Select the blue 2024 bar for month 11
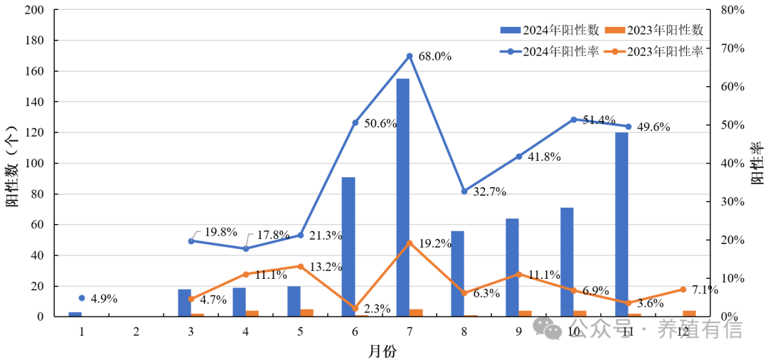coord(622,224)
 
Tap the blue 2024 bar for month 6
coord(348,246)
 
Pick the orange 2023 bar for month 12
coord(689,313)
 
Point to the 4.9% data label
coord(104,299)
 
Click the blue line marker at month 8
coord(464,191)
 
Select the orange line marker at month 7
coord(409,243)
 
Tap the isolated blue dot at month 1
coord(82,298)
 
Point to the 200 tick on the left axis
coord(34,11)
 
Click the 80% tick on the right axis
coord(731,11)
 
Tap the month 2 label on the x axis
coord(137,332)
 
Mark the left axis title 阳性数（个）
coord(13,164)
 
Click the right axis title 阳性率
coord(757,164)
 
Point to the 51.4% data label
coord(599,120)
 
